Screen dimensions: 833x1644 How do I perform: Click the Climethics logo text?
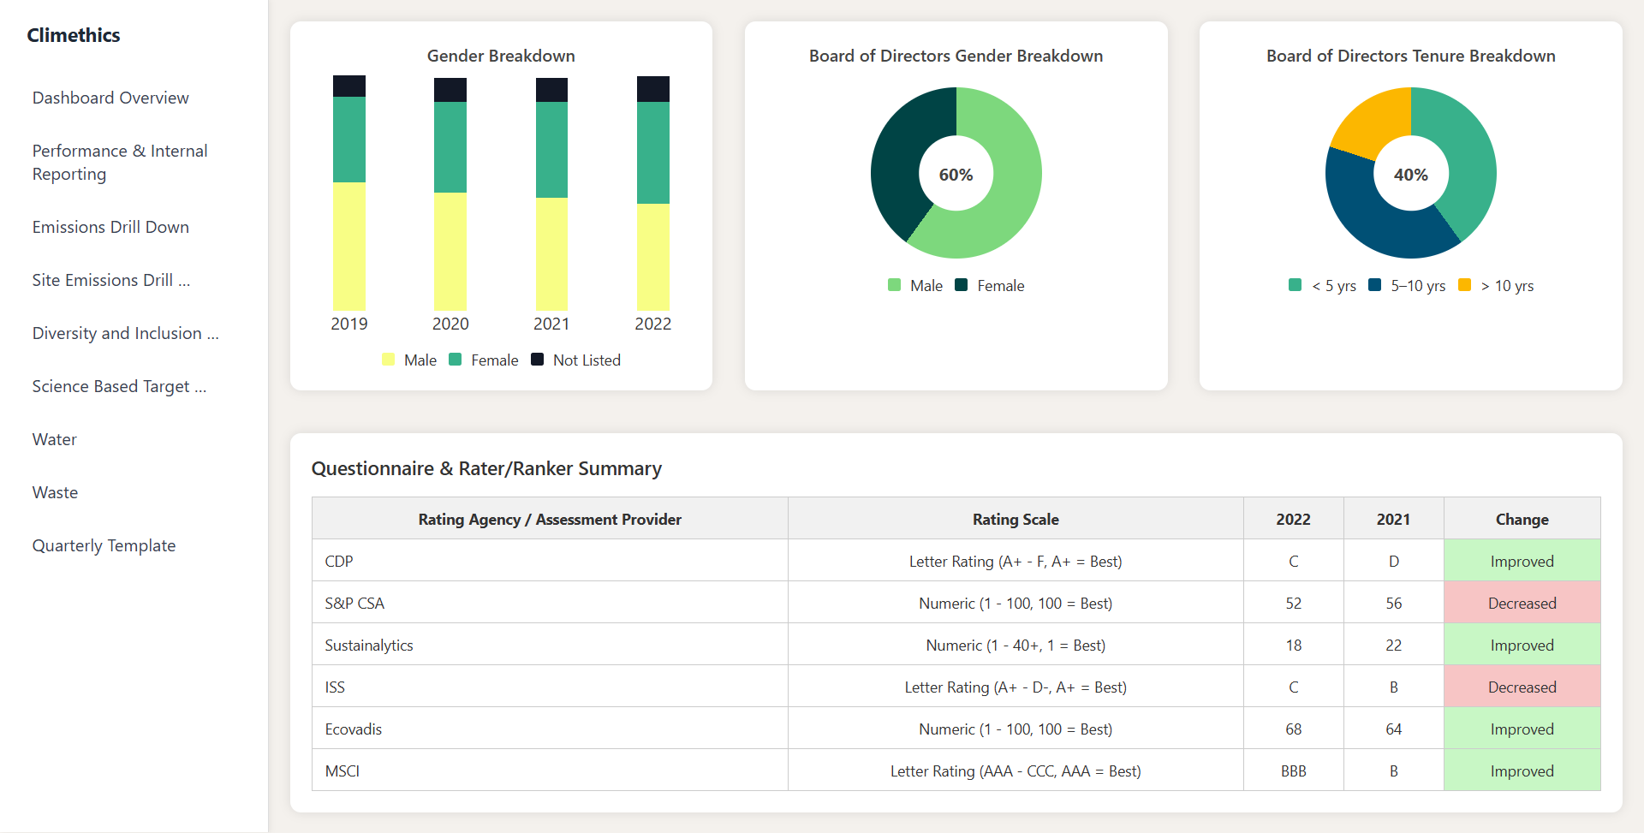click(x=74, y=35)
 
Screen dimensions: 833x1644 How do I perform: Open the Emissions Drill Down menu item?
click(x=110, y=227)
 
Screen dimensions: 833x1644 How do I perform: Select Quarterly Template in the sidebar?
click(x=104, y=545)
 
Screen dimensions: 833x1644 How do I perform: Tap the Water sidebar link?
click(x=55, y=439)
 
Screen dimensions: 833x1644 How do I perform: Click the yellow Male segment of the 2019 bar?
click(x=349, y=247)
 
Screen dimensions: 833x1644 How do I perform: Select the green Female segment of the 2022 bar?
click(x=652, y=152)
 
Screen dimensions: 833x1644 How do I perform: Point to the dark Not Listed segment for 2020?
click(x=450, y=90)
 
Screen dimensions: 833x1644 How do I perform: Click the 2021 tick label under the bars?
click(x=551, y=324)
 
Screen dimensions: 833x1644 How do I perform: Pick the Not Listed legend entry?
click(x=576, y=360)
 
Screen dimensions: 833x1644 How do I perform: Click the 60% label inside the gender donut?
click(x=956, y=175)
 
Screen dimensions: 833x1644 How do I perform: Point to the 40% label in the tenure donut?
click(x=1410, y=175)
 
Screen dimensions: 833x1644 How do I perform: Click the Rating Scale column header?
click(x=1016, y=519)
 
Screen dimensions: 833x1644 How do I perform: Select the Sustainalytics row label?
click(x=369, y=645)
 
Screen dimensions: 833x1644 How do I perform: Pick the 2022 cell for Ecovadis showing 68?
click(x=1293, y=729)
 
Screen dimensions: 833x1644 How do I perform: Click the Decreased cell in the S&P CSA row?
click(x=1522, y=603)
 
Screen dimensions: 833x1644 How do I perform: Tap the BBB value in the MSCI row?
click(x=1293, y=771)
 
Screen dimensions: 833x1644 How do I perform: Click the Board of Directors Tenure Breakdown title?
click(x=1410, y=56)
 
